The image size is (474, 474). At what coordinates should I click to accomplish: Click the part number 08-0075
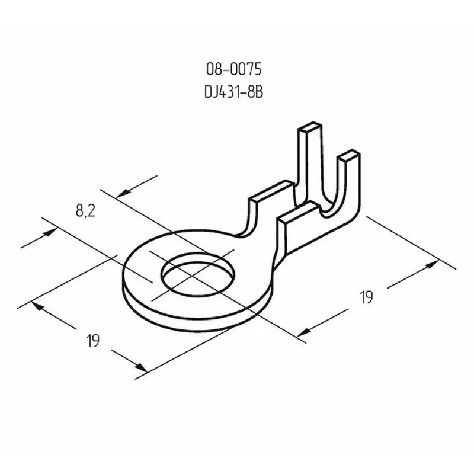(233, 70)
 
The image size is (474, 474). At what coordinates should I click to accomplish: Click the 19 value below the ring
(92, 341)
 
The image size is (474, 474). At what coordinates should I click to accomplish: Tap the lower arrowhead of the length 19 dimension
(303, 332)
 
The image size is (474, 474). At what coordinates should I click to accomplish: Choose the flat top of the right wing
(300, 211)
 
